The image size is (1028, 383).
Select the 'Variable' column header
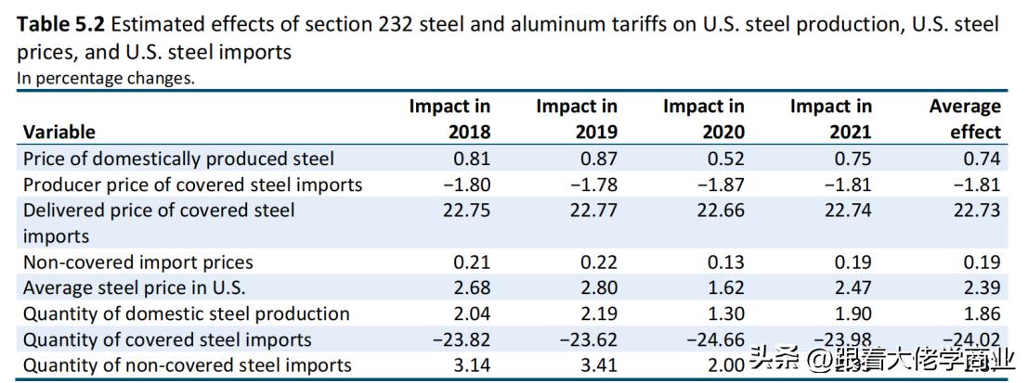59,132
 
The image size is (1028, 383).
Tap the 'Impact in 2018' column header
450,119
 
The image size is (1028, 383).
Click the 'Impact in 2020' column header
703,119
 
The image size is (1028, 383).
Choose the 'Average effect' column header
965,119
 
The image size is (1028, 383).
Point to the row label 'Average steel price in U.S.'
134,287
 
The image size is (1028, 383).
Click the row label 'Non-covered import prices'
137,262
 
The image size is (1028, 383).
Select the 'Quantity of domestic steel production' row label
186,313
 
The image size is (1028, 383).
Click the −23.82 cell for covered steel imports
462,339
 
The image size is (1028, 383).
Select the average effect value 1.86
982,313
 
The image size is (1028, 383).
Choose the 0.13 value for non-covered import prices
726,262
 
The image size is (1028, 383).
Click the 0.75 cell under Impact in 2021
853,159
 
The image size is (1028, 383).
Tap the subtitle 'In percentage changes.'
106,78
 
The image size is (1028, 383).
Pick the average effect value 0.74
982,159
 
